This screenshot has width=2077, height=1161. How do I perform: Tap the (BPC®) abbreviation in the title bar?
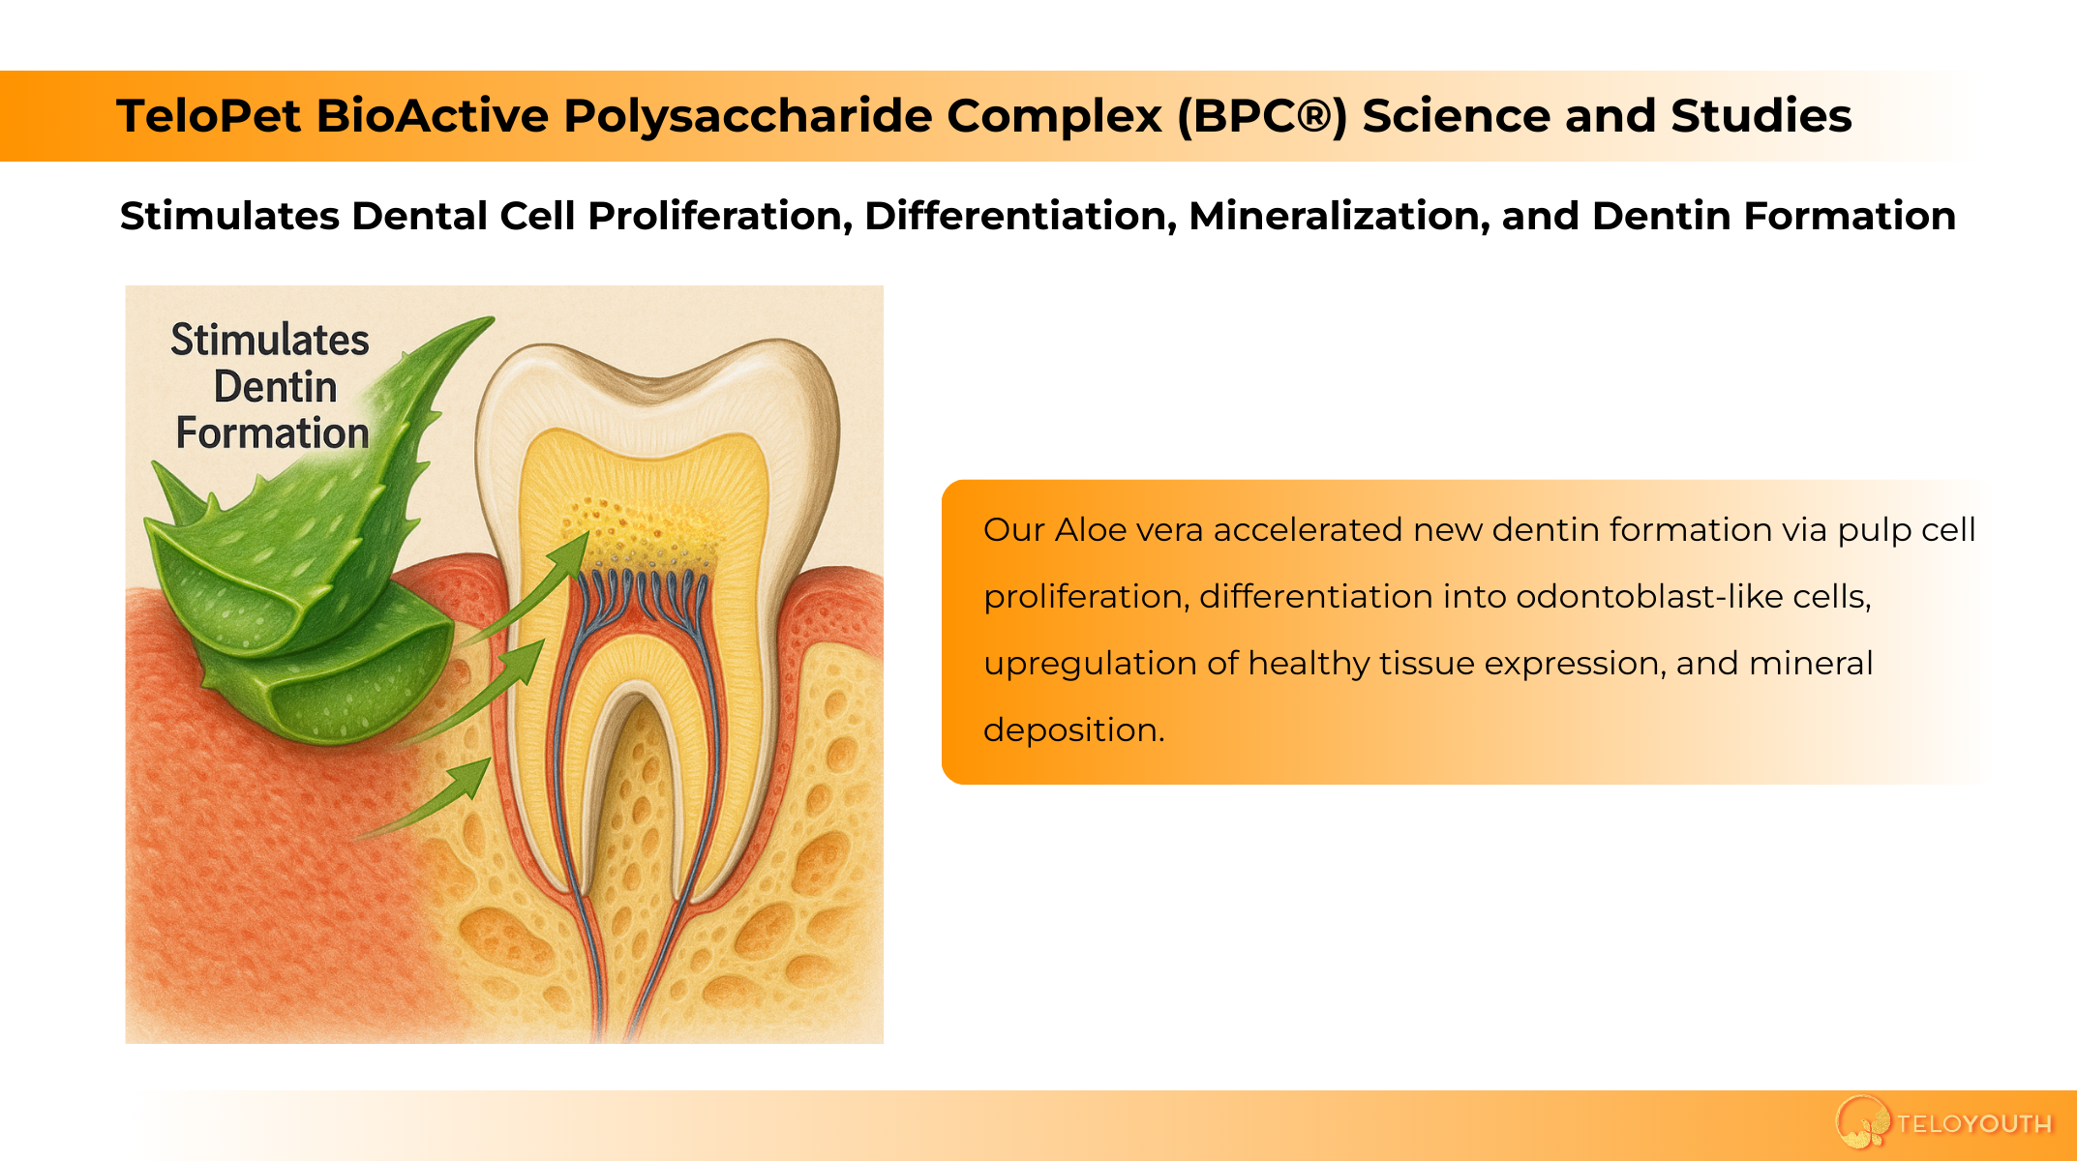click(1262, 116)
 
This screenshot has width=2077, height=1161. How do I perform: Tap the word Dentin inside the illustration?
click(276, 387)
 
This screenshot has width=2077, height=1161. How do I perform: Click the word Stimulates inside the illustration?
click(270, 341)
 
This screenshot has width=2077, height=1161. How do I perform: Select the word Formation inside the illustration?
click(273, 433)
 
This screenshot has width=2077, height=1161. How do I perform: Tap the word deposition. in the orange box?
click(1074, 730)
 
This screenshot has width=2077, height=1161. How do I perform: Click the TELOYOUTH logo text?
click(1974, 1124)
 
